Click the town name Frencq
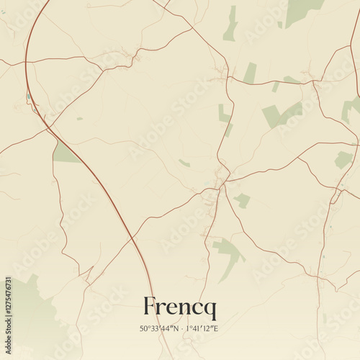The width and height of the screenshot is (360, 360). [179, 307]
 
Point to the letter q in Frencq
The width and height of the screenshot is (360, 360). [210, 310]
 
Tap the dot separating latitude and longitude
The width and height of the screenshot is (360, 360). [180, 329]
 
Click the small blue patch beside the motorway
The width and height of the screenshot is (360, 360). [30, 96]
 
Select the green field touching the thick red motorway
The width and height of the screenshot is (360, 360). [65, 153]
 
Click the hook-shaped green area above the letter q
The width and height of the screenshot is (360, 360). [229, 252]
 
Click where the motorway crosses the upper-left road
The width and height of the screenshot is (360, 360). [27, 63]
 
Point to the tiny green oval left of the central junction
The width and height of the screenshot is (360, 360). [184, 163]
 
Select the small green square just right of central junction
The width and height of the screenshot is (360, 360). [243, 200]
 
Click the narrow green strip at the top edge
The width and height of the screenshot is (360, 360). [231, 23]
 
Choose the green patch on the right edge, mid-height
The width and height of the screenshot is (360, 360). [344, 159]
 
